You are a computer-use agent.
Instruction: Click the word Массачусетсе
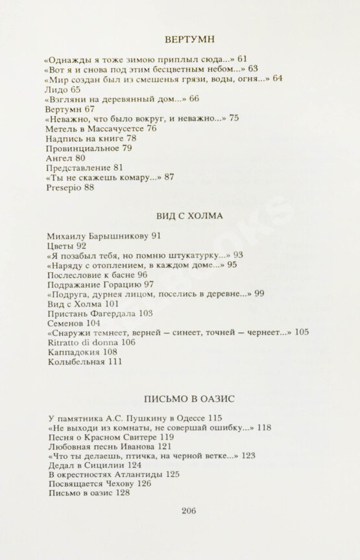point(114,128)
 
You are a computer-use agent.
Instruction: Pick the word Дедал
point(60,464)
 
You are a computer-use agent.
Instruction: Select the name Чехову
point(118,484)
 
